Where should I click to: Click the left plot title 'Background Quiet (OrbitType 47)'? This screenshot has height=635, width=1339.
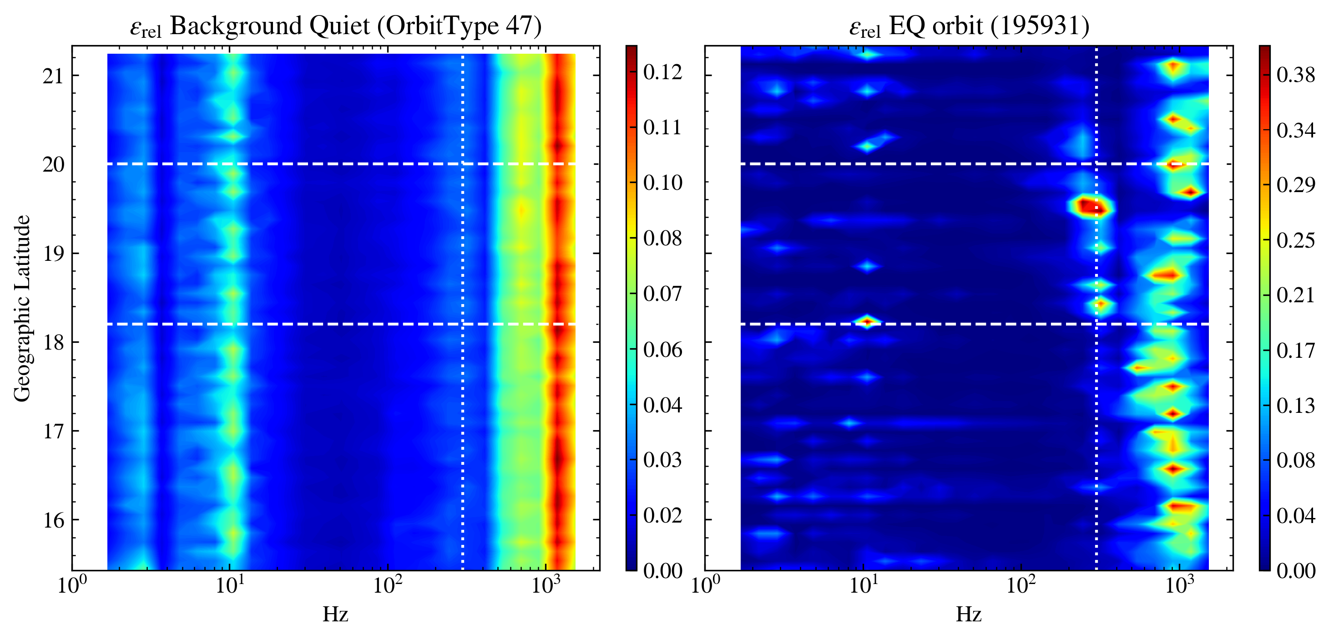point(355,26)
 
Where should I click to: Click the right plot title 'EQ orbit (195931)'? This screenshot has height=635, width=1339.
point(989,26)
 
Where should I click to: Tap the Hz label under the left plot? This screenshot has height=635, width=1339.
point(335,614)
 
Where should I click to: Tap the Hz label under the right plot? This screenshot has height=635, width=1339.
point(968,614)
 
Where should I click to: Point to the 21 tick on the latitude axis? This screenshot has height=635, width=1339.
point(52,76)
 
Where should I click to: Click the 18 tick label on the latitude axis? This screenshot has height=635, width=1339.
point(52,342)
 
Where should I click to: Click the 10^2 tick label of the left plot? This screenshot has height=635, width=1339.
point(387,585)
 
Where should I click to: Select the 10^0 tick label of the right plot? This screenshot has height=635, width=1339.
point(705,585)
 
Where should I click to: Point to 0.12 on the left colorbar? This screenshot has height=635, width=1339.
point(662,72)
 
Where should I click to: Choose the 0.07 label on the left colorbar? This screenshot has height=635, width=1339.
point(662,294)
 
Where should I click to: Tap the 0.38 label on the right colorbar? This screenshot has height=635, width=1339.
point(1295,75)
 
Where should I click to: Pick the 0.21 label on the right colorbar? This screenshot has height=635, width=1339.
point(1295,295)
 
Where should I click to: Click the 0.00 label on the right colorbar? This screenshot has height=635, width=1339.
point(1295,570)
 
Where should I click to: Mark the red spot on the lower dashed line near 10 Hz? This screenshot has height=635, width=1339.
point(866,322)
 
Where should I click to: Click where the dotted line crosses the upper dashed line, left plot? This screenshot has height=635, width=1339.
point(463,164)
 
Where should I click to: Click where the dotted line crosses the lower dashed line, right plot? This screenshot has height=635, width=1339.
point(1096,324)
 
